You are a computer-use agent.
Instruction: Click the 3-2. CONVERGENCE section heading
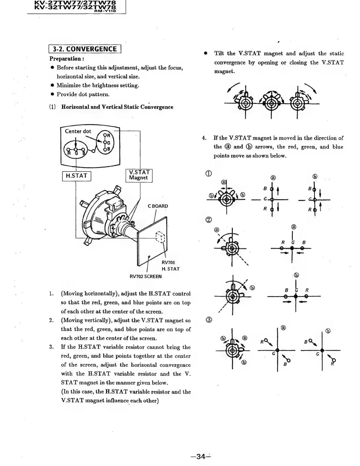point(85,49)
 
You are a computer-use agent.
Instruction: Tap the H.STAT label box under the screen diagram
point(76,176)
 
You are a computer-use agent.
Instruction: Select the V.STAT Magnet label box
point(139,175)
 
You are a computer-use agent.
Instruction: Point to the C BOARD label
point(158,206)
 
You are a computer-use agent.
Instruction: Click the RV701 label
point(168,262)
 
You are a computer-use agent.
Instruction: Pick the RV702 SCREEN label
point(146,277)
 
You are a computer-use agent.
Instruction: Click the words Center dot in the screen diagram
point(78,132)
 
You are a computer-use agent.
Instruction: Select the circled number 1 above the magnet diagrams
point(209,173)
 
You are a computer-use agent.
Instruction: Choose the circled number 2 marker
point(209,220)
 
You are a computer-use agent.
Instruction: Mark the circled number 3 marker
point(209,320)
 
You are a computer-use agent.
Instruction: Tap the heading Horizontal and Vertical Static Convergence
point(117,107)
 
